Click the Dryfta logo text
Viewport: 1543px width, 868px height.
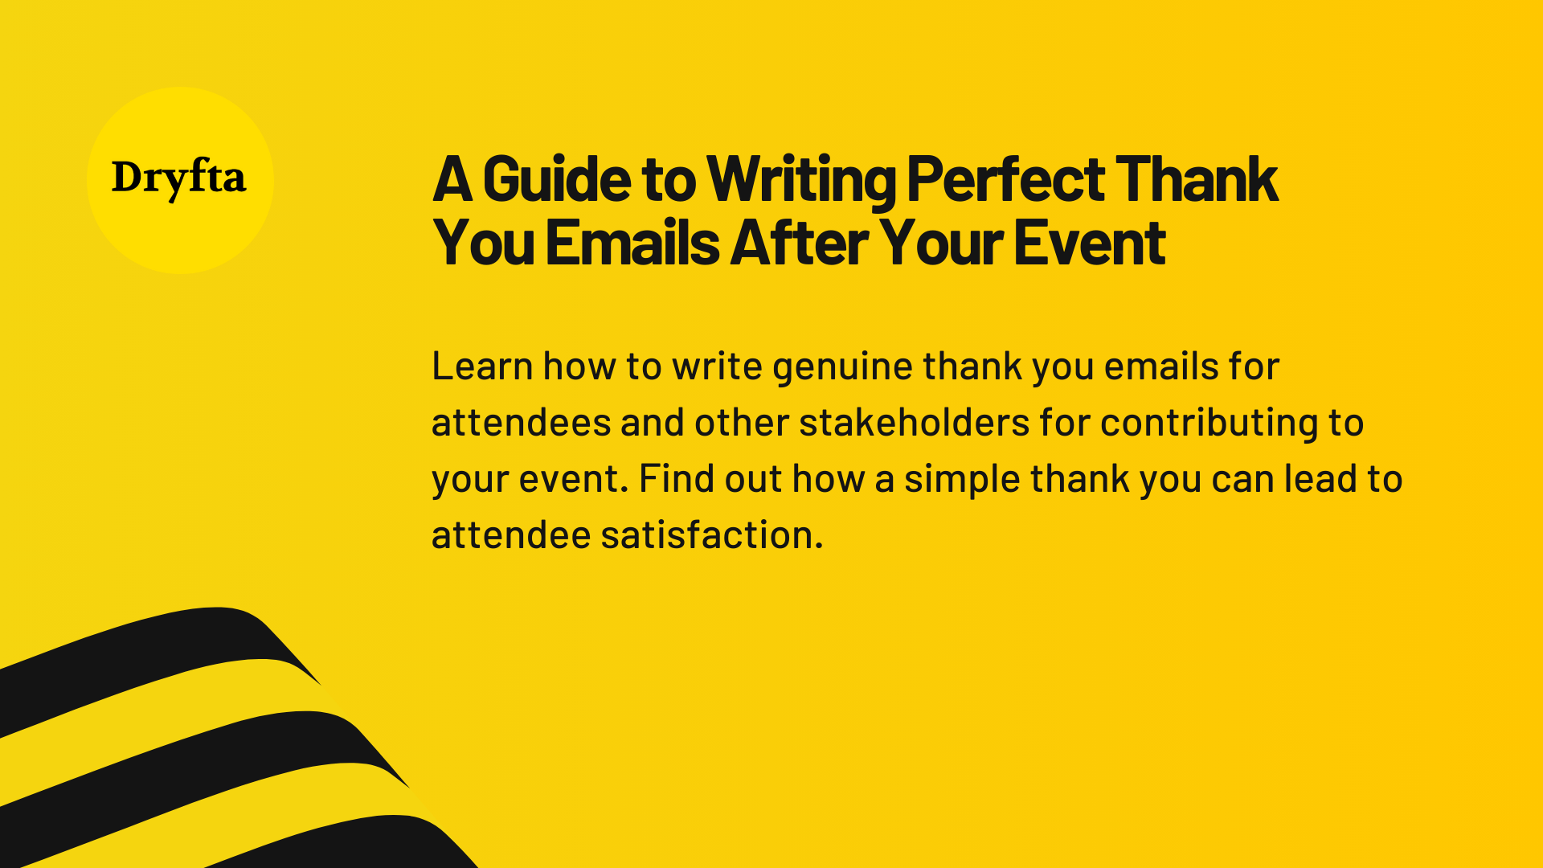click(x=178, y=178)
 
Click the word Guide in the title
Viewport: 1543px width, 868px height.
click(x=556, y=179)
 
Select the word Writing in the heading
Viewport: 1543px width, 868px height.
click(x=801, y=179)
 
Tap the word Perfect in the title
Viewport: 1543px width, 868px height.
click(x=1005, y=179)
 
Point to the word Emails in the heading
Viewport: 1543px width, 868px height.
click(x=632, y=243)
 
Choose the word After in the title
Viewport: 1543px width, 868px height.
click(x=799, y=243)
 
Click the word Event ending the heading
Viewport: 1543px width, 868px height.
click(x=1089, y=243)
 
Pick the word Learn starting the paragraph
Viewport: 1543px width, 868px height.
click(x=482, y=366)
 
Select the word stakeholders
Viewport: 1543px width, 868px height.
click(x=914, y=423)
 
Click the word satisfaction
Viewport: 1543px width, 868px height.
click(x=711, y=535)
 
